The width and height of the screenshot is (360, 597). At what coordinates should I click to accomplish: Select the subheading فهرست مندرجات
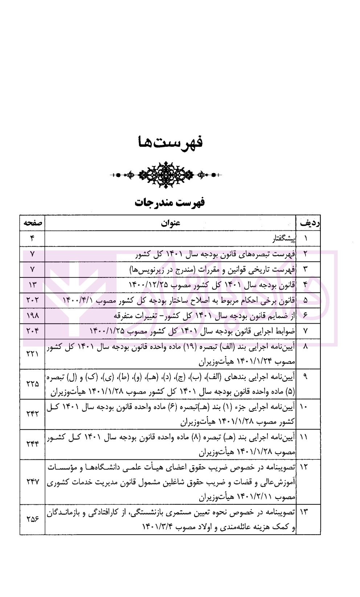point(170,202)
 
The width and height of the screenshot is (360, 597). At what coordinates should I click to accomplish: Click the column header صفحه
point(32,223)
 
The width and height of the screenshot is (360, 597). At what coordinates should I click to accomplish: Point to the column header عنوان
point(171,223)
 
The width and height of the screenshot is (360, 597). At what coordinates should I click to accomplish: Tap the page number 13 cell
point(32,285)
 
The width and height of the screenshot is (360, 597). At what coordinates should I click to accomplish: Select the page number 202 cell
point(32,300)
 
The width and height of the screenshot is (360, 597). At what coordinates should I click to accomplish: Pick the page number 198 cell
point(32,316)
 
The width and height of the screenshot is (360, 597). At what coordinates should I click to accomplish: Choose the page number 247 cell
point(32,482)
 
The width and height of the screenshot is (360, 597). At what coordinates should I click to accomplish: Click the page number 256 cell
point(32,519)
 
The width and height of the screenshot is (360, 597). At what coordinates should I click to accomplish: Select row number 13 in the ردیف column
point(304,512)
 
